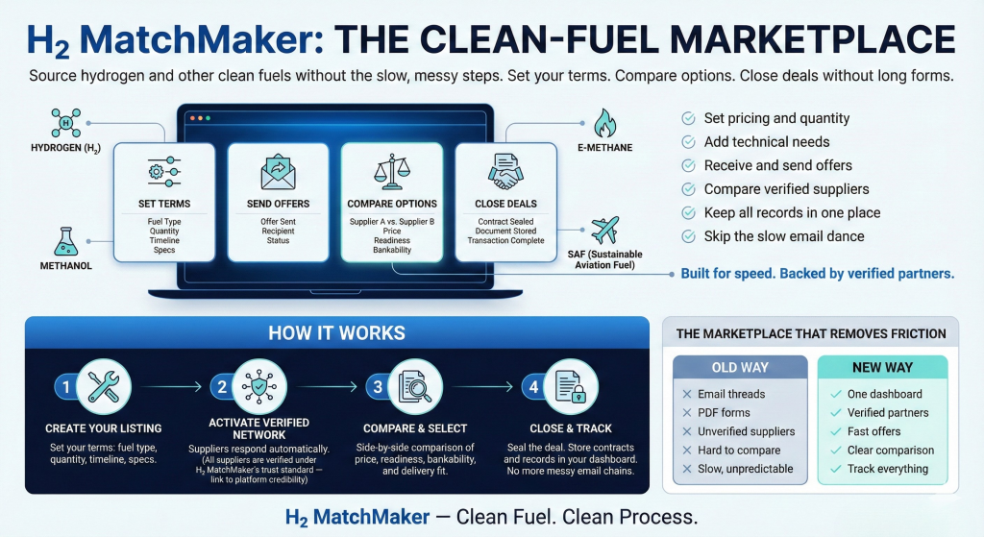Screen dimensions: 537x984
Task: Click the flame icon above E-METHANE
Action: point(604,123)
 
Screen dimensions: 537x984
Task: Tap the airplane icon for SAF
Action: point(604,231)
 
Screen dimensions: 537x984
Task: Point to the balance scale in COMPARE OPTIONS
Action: point(391,173)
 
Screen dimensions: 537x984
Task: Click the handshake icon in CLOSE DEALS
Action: point(504,174)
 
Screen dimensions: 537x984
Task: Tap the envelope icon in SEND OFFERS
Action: point(278,173)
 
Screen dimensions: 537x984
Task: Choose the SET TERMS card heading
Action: point(163,204)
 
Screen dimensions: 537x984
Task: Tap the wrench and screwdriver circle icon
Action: point(103,385)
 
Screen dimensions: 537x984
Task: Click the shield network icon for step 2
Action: point(259,385)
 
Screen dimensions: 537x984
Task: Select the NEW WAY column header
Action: point(882,368)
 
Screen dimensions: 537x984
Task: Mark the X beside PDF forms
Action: point(686,413)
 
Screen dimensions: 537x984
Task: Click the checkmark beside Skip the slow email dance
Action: point(688,236)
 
